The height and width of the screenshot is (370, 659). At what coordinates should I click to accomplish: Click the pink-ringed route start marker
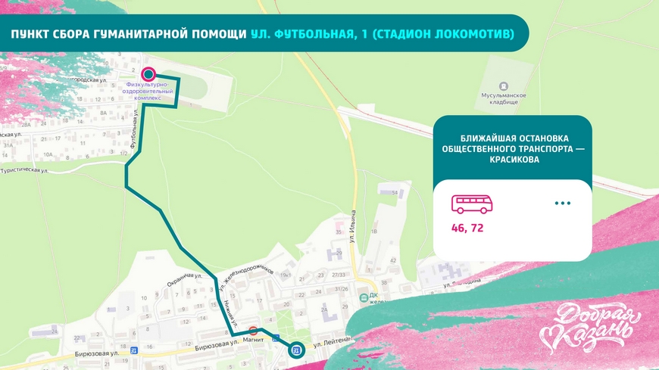(x=148, y=74)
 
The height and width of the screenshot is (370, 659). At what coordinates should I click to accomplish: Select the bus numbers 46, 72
(x=468, y=226)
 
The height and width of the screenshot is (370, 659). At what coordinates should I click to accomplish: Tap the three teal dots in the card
(x=561, y=204)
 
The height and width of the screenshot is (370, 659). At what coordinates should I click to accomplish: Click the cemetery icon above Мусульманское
(x=504, y=86)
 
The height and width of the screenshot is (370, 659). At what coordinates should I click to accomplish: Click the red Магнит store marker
(x=253, y=331)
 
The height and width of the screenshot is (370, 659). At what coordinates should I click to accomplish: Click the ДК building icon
(x=362, y=297)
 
